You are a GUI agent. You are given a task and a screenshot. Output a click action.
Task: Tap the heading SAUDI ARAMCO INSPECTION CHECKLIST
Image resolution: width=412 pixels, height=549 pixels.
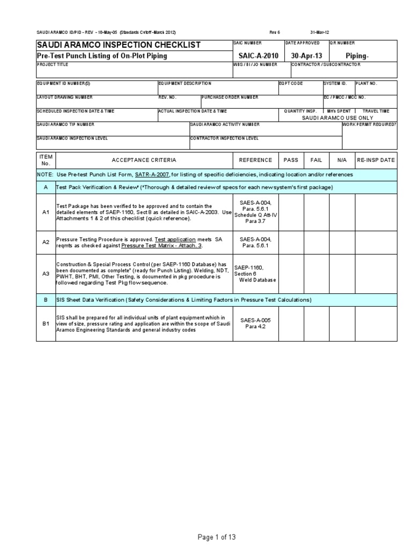coord(118,45)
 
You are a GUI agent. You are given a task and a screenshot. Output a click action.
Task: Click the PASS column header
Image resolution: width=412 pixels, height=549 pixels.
coord(291,160)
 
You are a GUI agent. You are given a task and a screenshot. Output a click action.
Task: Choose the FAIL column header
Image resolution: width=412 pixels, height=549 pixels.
coord(317,160)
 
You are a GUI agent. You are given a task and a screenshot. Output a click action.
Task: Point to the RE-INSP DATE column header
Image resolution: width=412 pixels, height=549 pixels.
coord(376,160)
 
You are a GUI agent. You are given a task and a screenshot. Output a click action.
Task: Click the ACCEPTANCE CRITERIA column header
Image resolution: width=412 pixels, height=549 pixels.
coord(143,160)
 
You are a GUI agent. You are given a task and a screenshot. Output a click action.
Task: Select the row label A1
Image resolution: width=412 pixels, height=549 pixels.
coord(46,212)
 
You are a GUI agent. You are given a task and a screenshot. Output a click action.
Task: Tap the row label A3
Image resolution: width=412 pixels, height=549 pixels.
coord(46,273)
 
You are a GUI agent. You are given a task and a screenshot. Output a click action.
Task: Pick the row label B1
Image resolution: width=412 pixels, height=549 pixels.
coord(46,323)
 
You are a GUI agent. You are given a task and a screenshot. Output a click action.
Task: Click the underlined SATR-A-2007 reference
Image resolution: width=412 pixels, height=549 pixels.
coord(151,175)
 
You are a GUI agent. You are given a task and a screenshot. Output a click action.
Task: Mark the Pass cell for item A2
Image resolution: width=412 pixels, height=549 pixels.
coord(291,242)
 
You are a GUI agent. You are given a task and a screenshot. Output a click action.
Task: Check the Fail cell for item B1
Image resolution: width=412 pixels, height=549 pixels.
coord(317,323)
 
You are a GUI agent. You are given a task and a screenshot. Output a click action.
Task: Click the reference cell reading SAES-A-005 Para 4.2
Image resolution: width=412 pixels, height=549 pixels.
coord(255,323)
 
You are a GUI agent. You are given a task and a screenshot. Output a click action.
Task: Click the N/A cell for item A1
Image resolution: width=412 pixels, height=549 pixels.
coord(342,212)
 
